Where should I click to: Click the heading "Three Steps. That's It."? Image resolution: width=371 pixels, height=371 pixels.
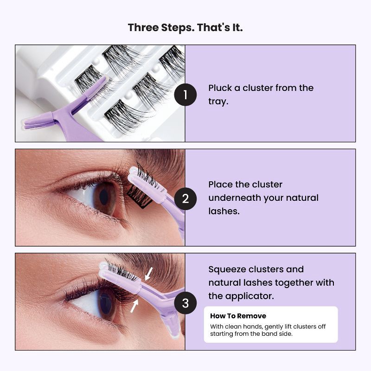tap(185, 27)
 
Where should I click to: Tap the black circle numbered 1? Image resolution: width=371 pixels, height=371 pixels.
tap(185, 96)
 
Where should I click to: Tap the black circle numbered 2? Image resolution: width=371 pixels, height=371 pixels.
tap(185, 199)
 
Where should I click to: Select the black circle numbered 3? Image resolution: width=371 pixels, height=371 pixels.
tap(185, 304)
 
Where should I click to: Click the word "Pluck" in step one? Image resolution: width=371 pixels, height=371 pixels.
tap(220, 88)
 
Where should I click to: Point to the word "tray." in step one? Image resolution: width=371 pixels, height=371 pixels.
tap(218, 102)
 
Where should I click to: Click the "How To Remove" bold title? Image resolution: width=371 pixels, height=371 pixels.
tap(238, 316)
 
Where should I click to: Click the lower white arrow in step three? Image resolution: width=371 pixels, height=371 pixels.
tap(134, 306)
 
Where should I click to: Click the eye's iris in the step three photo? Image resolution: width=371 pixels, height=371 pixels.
tap(105, 305)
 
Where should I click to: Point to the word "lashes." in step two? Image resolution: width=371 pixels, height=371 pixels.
tap(224, 211)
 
